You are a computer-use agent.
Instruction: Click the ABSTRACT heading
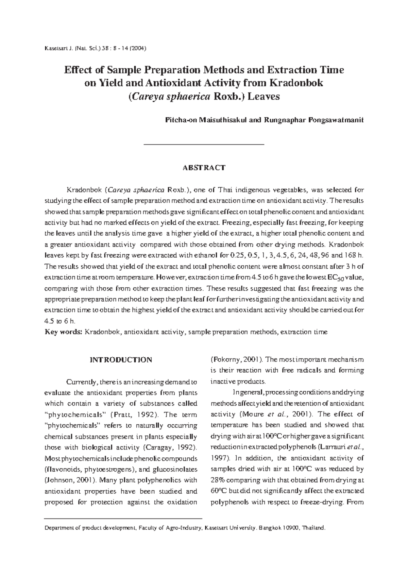point(204,168)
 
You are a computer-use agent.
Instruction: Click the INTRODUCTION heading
point(121,360)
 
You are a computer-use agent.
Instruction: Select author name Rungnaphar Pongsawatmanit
point(312,120)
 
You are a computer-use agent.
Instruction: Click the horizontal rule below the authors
point(204,145)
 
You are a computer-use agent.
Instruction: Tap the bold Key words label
point(64,332)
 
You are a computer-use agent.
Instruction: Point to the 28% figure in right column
point(218,480)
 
